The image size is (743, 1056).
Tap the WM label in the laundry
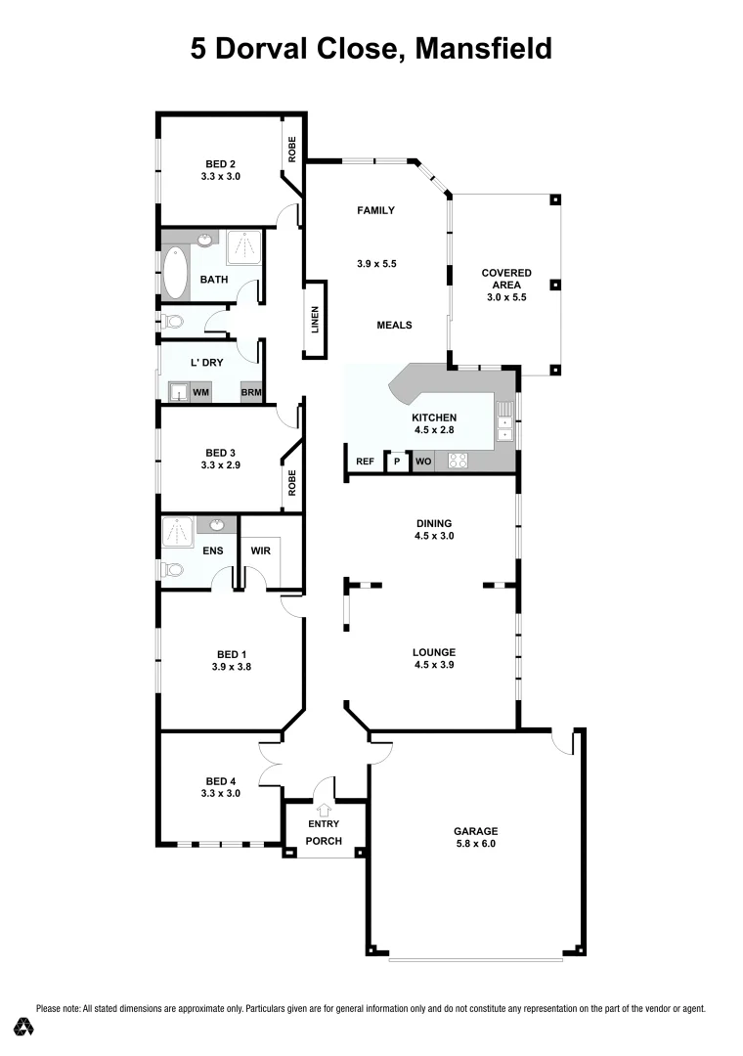point(200,392)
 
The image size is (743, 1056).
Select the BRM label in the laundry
point(251,392)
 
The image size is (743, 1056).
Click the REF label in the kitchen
point(365,461)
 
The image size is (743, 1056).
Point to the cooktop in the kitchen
point(458,461)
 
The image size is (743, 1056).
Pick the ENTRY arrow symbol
point(326,809)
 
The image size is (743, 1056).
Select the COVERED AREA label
point(505,286)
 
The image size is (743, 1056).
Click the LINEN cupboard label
point(316,320)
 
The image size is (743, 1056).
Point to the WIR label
point(260,550)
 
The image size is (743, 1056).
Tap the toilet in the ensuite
point(172,571)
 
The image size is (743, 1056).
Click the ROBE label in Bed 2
point(291,149)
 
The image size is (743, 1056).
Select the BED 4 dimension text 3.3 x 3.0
point(220,794)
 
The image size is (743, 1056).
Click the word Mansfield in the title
point(484,48)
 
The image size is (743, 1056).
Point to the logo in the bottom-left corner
point(23,1026)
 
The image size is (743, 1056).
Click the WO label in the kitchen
point(423,461)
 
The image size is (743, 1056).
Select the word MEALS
point(395,326)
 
